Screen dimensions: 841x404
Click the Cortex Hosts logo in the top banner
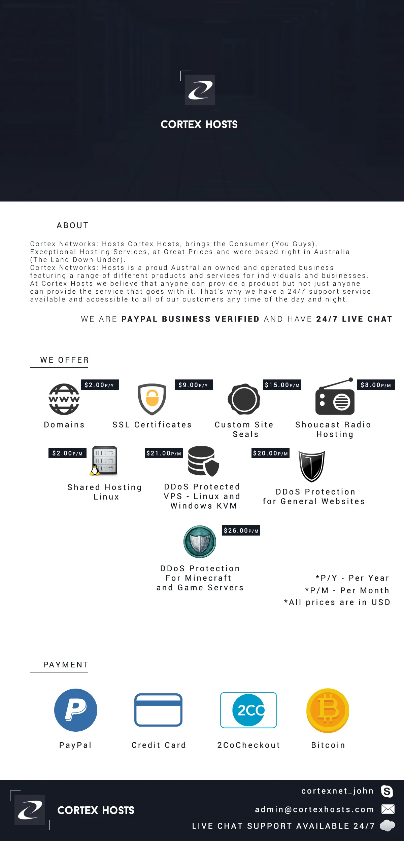(x=200, y=90)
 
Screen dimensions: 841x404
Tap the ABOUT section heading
(x=72, y=225)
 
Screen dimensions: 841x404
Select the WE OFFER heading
(x=64, y=360)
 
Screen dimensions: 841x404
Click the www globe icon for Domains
(x=64, y=399)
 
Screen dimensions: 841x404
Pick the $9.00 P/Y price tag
(x=193, y=385)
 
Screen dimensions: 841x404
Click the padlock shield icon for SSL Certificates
(x=152, y=399)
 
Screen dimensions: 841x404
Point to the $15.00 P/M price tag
(x=282, y=385)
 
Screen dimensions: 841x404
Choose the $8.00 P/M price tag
(x=376, y=385)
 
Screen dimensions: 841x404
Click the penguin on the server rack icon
(x=96, y=470)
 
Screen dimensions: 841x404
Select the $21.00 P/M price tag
(x=164, y=453)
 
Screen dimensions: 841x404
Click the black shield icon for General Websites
(x=312, y=466)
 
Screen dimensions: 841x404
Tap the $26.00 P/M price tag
(x=241, y=531)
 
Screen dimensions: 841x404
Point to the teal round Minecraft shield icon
(x=200, y=542)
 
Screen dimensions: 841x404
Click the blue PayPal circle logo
(x=76, y=710)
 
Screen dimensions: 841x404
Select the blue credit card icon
(x=158, y=710)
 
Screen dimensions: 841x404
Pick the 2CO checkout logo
(x=248, y=710)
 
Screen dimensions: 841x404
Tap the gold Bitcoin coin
(x=328, y=710)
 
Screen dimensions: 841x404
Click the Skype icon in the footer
(x=387, y=791)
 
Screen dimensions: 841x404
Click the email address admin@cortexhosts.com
(x=314, y=809)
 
